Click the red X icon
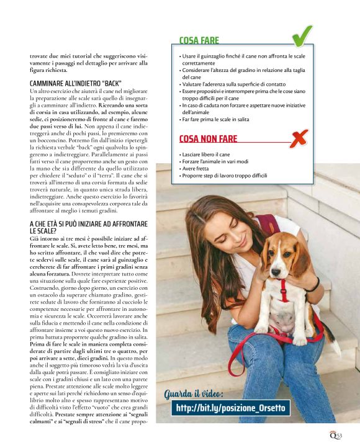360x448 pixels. (299, 139)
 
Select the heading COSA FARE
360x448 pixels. (199, 41)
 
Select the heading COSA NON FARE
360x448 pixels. (208, 139)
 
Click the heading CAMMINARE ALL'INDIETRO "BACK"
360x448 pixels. (75, 83)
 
